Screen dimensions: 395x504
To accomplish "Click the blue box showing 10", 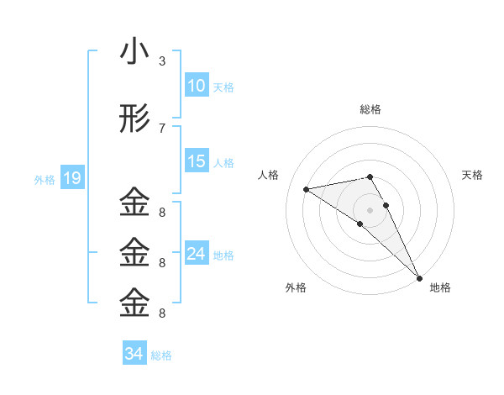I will click(x=197, y=86).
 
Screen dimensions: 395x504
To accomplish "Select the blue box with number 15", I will click(x=197, y=161).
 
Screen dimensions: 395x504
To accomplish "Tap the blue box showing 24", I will click(x=197, y=254).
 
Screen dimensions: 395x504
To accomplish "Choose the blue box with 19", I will click(x=72, y=178).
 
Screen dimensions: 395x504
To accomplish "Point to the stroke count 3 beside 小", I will click(x=162, y=61).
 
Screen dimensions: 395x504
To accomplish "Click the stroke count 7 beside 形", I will click(x=162, y=129).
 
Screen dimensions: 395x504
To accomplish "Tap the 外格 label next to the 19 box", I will click(x=45, y=179).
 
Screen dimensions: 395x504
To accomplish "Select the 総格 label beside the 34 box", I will click(x=161, y=355).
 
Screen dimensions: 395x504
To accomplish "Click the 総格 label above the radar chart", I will click(x=370, y=110).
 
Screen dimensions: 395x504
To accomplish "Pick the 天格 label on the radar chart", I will click(x=473, y=175).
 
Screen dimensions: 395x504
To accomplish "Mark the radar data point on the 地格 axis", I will click(x=419, y=277).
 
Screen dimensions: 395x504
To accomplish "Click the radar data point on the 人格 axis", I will click(x=307, y=189).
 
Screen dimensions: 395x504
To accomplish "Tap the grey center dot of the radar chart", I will click(x=370, y=208).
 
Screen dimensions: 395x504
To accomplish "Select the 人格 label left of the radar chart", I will click(x=269, y=175).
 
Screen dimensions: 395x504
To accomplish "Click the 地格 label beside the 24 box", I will click(x=223, y=255).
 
